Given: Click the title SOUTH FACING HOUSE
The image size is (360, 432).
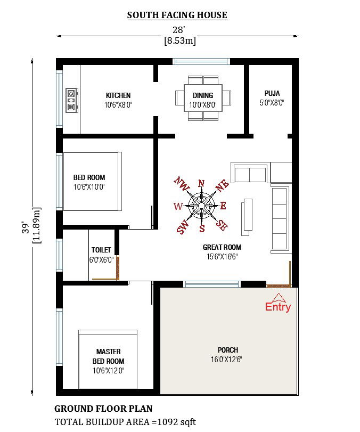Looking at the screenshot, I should coord(177,15).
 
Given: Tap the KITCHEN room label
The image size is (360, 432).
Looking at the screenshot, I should coord(118,96).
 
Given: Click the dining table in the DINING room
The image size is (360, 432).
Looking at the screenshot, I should coord(203,98).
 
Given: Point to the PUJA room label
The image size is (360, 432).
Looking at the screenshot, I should coord(272,93).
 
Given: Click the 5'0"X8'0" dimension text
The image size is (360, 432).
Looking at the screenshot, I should coord(272,103).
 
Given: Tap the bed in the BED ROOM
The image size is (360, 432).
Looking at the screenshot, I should coord(90,182).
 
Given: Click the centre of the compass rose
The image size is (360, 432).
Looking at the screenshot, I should coord(202,206).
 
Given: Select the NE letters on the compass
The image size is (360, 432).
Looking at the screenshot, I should coord(222,184).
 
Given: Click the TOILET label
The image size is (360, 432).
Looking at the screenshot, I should coord(101,250).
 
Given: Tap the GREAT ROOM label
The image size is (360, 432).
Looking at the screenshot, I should coord(222,247).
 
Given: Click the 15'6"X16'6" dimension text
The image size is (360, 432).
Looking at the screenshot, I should coord(222,257).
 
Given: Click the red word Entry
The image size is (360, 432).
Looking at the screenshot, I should coord(278,307).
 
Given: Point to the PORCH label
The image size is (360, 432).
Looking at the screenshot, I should coord(228,350).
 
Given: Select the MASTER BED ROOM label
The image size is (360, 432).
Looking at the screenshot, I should coord(108,356).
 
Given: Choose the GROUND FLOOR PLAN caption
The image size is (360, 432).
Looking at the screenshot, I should coord(103,409).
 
